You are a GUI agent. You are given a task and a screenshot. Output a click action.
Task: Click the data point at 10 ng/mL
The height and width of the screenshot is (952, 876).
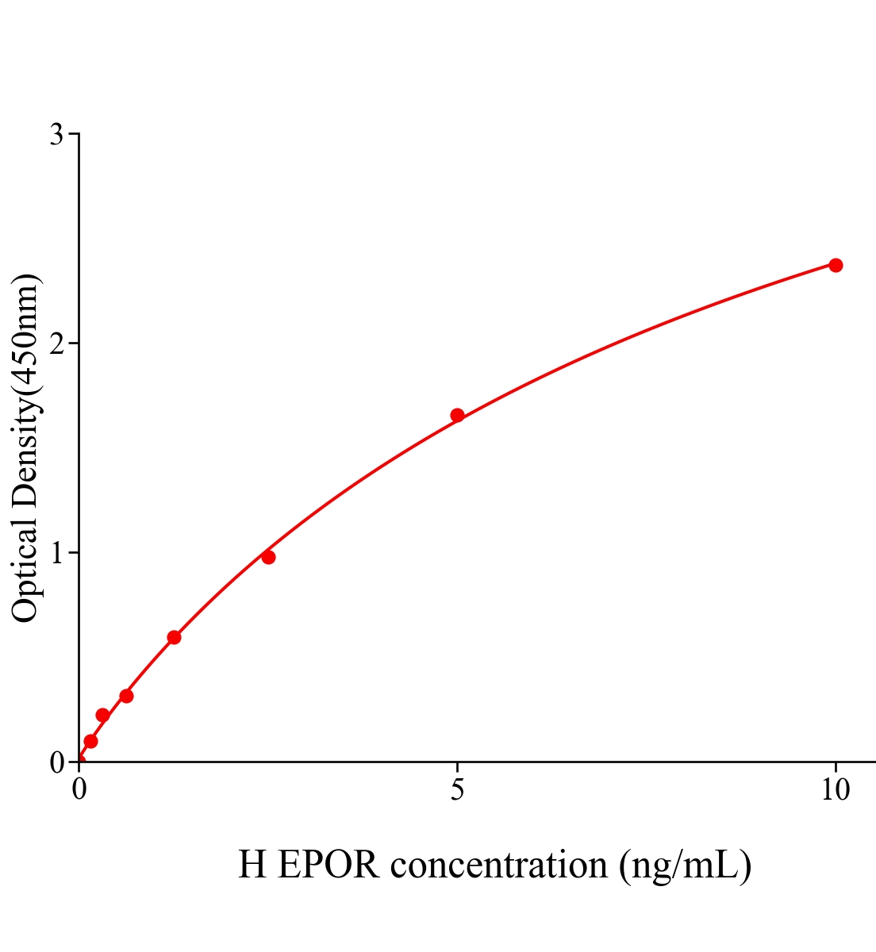(x=836, y=265)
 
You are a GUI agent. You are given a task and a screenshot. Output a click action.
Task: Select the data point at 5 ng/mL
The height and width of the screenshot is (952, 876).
(x=457, y=415)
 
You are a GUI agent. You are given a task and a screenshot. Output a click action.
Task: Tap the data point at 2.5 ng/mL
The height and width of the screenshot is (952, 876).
(x=268, y=557)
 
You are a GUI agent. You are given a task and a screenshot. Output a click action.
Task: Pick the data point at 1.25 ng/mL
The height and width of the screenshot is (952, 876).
(x=174, y=637)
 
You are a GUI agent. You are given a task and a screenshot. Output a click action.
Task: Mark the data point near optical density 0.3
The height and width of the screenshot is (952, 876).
(x=126, y=696)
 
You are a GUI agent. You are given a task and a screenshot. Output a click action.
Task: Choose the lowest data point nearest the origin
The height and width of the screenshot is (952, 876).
(x=90, y=741)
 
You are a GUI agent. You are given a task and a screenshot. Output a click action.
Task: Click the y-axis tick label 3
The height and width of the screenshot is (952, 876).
(x=57, y=135)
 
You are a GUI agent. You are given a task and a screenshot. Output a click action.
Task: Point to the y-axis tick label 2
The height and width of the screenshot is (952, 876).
(x=57, y=344)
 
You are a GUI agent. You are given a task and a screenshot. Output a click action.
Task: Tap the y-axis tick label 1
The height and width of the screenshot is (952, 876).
(x=57, y=553)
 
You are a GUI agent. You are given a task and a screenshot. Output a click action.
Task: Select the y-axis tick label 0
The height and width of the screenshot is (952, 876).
(x=57, y=762)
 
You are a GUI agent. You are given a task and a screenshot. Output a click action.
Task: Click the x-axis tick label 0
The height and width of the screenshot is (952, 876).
(x=79, y=789)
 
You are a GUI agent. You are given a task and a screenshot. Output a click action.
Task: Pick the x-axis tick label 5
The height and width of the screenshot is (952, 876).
(x=457, y=789)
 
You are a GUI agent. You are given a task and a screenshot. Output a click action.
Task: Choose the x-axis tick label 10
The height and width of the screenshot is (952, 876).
(x=836, y=789)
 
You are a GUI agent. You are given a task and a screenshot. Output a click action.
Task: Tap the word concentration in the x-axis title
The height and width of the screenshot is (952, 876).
(x=499, y=864)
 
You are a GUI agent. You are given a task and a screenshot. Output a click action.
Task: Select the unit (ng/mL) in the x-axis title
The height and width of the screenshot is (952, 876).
(x=685, y=864)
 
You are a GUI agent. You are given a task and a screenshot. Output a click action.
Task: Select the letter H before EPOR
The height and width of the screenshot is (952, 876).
(x=252, y=864)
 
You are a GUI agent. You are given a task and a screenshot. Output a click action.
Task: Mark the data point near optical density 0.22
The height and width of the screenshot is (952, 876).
(x=102, y=715)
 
